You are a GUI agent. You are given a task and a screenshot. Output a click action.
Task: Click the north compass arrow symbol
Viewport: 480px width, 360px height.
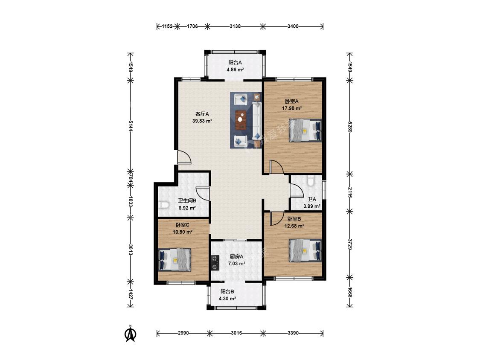pos(131,334)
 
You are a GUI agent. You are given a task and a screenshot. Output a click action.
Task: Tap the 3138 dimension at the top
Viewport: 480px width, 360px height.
pos(235,26)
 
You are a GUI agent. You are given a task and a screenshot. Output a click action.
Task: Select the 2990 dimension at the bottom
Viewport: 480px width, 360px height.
pos(183,333)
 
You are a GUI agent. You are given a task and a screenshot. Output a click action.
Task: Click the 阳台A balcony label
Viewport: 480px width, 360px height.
pos(235,62)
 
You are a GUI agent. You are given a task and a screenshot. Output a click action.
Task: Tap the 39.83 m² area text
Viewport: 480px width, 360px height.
pos(202,121)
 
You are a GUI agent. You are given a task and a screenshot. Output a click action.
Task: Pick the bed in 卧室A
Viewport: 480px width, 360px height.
pos(305,131)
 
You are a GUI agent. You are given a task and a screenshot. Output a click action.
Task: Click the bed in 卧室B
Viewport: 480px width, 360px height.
pos(305,251)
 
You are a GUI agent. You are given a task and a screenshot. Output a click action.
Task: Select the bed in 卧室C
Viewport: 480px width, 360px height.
pos(175,260)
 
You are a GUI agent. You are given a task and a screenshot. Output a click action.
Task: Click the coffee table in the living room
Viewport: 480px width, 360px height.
pos(241,120)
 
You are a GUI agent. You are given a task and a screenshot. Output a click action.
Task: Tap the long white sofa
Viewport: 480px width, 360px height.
pos(256,120)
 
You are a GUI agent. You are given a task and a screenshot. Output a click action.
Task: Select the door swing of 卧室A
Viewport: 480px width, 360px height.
pos(276,167)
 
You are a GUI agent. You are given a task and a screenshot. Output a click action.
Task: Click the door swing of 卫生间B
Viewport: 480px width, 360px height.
pos(203,193)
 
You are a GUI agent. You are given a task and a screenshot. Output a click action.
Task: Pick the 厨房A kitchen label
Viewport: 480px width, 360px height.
pos(236,256)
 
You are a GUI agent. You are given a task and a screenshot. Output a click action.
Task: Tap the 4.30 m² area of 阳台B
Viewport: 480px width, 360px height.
pos(227,299)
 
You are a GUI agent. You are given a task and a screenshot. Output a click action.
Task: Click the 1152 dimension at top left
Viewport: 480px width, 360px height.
pos(167,26)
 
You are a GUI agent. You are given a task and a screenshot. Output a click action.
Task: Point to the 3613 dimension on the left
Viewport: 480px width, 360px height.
pos(131,250)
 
